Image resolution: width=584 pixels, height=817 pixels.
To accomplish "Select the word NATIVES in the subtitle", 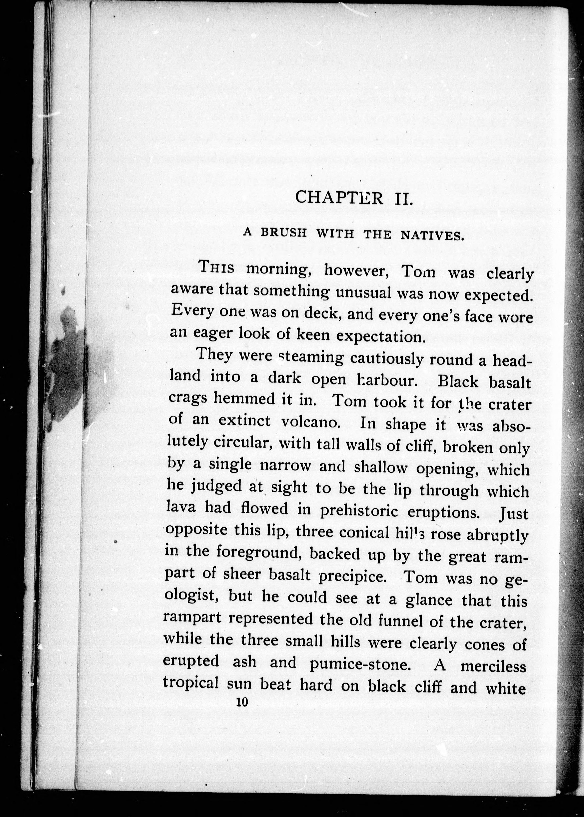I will tap(432, 236).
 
